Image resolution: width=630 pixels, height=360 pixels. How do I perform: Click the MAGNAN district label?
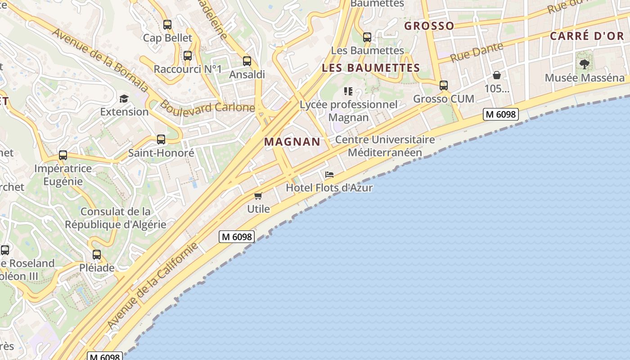click(x=292, y=142)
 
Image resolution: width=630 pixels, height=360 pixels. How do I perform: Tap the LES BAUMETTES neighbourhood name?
click(x=371, y=68)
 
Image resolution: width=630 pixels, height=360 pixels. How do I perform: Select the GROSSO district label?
click(x=429, y=26)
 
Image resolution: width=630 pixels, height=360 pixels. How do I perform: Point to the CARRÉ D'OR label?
click(x=587, y=36)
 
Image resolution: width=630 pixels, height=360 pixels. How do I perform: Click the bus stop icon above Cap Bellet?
click(x=167, y=25)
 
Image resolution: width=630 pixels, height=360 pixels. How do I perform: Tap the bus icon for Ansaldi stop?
click(x=247, y=61)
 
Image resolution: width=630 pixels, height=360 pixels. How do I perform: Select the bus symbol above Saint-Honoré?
click(x=161, y=139)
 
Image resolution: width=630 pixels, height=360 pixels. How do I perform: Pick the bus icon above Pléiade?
click(x=97, y=255)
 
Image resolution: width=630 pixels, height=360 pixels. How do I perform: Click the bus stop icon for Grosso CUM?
click(x=444, y=85)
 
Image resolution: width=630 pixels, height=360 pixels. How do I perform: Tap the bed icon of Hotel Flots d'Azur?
click(x=329, y=175)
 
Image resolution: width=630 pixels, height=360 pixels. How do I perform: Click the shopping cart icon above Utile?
click(x=258, y=196)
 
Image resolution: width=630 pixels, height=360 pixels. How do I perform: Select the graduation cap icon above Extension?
click(x=124, y=99)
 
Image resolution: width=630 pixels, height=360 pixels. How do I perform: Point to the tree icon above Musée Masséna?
click(x=585, y=64)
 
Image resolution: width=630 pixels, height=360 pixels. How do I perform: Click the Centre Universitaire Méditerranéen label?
click(x=385, y=146)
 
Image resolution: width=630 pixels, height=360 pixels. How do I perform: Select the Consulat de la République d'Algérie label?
click(x=116, y=218)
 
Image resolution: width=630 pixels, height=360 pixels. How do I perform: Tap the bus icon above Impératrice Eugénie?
click(x=63, y=155)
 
